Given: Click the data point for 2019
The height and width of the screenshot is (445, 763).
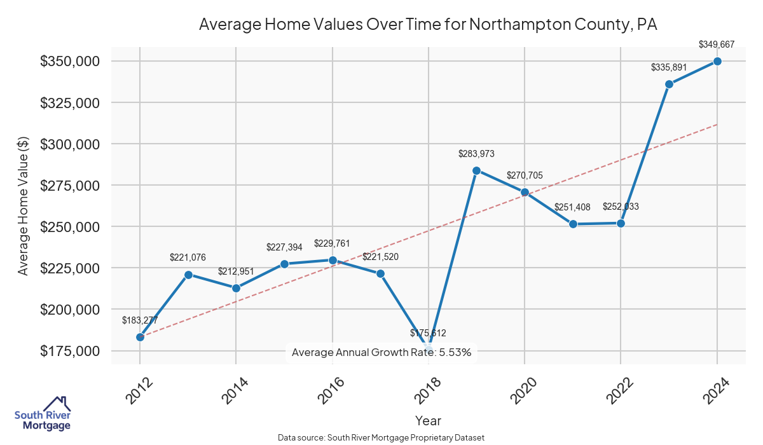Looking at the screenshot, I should click(476, 170).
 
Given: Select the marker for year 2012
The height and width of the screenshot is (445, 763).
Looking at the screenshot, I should click(140, 337).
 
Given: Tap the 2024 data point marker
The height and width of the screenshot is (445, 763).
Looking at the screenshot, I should click(717, 61).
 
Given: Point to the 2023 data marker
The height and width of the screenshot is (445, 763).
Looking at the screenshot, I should click(669, 84).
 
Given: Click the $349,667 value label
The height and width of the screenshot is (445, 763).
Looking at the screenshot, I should click(717, 44).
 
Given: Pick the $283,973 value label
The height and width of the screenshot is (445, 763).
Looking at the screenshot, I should click(476, 154).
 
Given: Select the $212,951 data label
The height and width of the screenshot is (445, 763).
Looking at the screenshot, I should click(236, 271).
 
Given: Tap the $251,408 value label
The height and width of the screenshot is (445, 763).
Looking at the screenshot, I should click(572, 207).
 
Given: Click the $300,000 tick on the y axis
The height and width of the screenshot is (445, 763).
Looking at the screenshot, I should click(70, 144).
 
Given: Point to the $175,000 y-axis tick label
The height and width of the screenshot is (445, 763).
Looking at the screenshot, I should click(70, 351).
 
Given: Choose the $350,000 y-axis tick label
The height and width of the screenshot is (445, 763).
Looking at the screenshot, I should click(70, 62).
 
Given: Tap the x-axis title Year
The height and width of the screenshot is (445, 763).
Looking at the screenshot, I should click(428, 421).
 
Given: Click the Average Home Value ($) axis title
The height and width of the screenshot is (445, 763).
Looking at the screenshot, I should click(23, 207).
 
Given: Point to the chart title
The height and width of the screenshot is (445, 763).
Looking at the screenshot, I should click(428, 25).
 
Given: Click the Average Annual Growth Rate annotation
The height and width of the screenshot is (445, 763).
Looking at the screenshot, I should click(381, 352).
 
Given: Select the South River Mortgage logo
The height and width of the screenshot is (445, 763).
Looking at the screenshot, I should click(43, 414).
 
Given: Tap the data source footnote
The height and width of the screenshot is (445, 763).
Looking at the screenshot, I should click(381, 438).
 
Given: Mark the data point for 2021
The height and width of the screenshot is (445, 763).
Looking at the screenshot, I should click(573, 224).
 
